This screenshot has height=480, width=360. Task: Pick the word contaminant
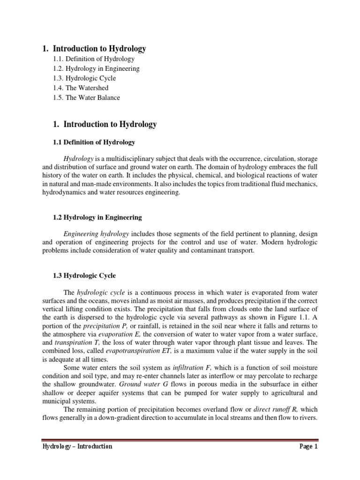pyautogui.click(x=203, y=251)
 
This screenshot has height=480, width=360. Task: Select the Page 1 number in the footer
pyautogui.click(x=308, y=447)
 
